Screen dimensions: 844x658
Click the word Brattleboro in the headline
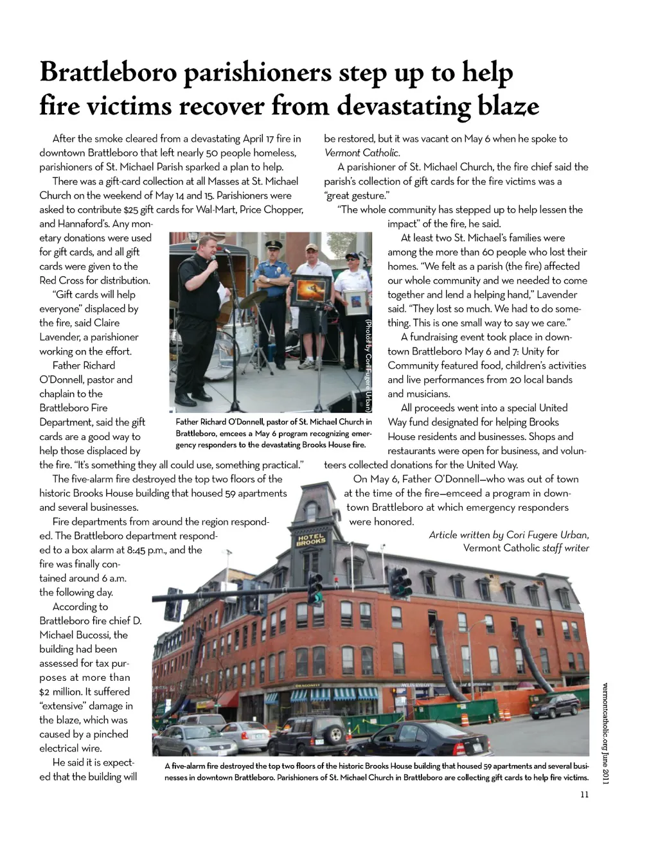point(107,73)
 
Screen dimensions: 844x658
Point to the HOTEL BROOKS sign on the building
point(311,540)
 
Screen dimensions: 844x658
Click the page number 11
point(584,795)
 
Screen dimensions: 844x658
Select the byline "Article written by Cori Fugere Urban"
point(508,535)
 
